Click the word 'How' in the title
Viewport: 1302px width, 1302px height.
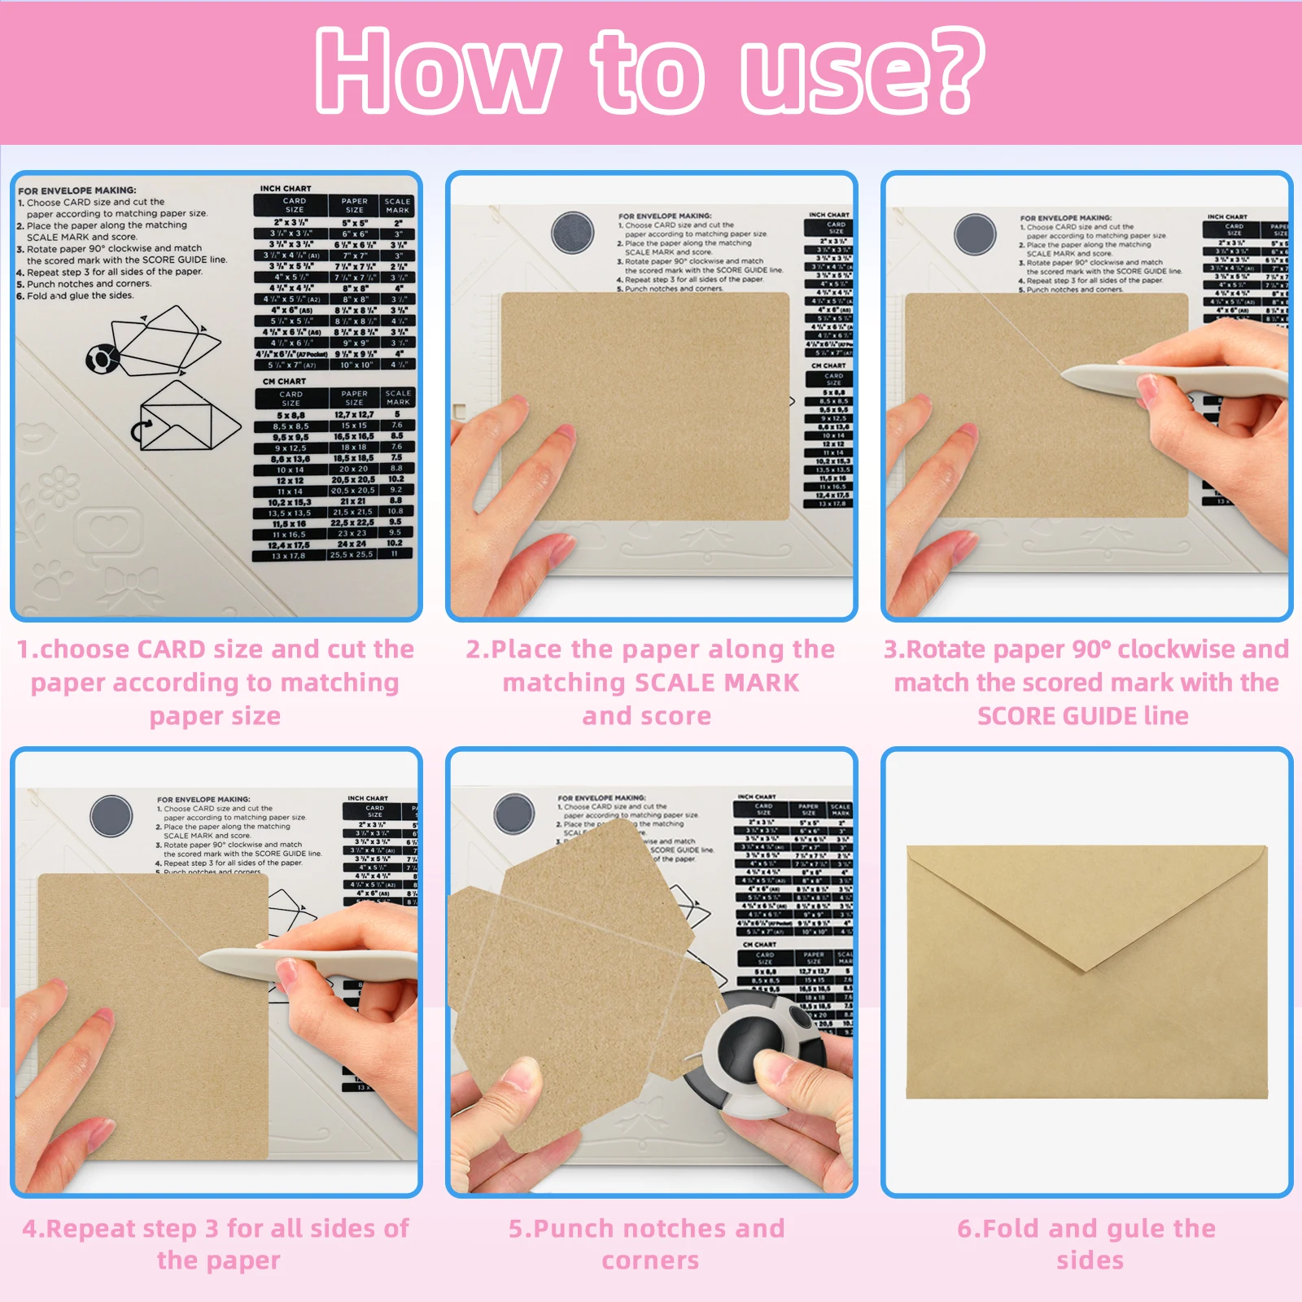pos(437,72)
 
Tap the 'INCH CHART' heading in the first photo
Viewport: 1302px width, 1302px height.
pos(286,188)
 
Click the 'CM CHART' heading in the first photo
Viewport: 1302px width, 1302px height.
pos(284,381)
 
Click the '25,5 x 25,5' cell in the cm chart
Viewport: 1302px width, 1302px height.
pos(352,555)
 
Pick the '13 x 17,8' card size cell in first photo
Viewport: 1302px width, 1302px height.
pos(289,556)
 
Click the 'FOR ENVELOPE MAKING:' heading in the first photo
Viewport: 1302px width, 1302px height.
pos(77,190)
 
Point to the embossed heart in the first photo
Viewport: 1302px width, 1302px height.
pos(109,531)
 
